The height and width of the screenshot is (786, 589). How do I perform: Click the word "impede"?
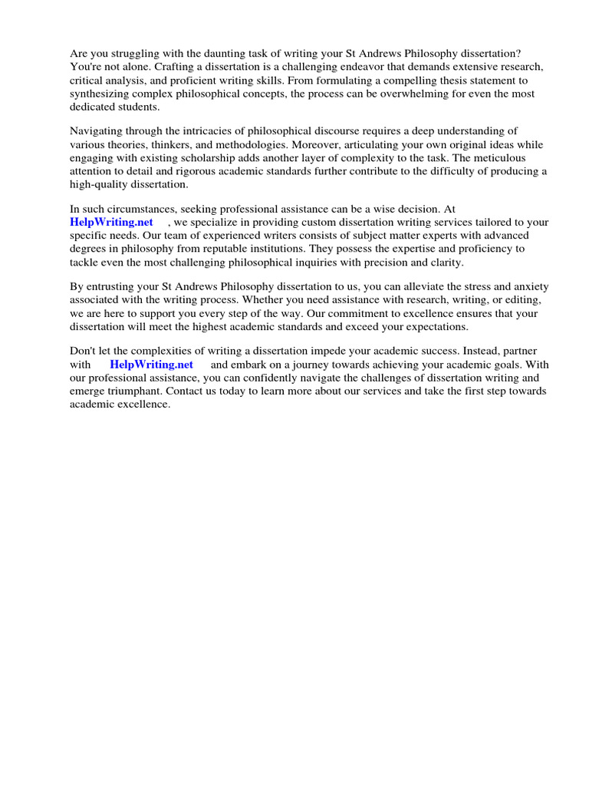pyautogui.click(x=356, y=351)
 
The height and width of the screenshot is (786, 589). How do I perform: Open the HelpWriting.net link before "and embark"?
pyautogui.click(x=151, y=365)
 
